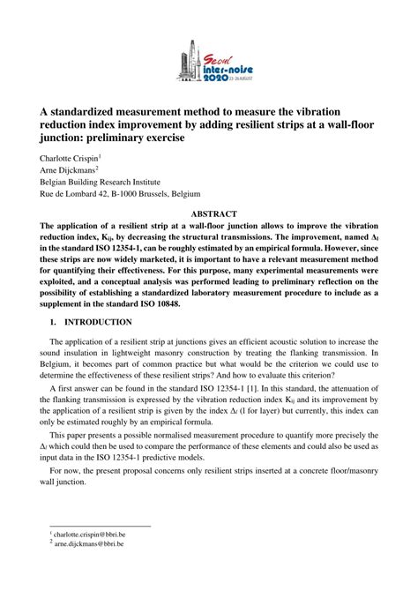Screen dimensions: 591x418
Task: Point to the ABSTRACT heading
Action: (208, 213)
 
